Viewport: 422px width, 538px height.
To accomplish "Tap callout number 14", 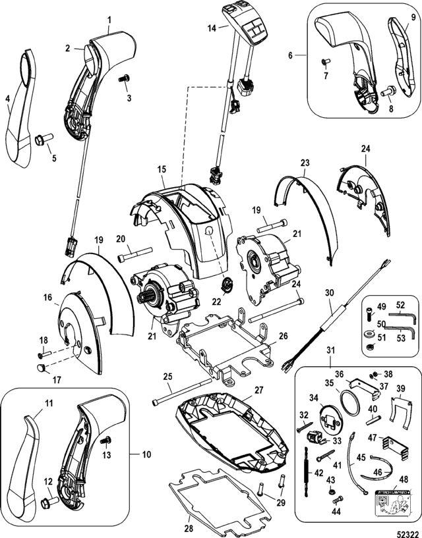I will [x=212, y=28].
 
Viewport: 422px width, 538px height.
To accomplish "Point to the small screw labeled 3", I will [x=123, y=80].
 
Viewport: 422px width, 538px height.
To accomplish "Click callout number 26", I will [x=283, y=335].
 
